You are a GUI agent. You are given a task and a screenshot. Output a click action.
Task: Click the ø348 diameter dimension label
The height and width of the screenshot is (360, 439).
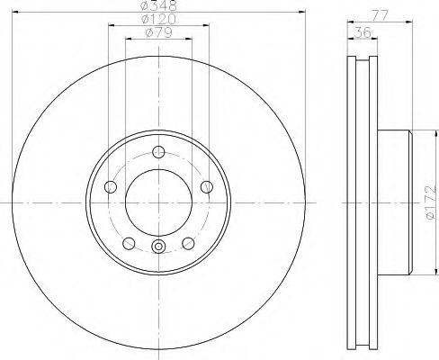point(158,5)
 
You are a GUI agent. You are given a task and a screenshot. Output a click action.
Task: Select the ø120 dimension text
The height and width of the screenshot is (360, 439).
point(158,20)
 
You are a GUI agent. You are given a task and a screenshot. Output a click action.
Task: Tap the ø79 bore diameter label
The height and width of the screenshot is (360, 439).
point(158,35)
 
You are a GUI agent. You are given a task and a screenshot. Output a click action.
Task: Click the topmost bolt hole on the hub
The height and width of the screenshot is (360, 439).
point(158,151)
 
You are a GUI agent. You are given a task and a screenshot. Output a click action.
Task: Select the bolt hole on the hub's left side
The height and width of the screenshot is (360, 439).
point(111,186)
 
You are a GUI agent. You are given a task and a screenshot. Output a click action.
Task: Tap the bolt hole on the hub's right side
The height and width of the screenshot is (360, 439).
point(207,186)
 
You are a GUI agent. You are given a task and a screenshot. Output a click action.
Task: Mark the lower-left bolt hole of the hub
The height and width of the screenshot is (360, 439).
point(129,243)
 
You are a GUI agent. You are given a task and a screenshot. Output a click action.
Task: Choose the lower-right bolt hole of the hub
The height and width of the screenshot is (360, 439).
point(188,243)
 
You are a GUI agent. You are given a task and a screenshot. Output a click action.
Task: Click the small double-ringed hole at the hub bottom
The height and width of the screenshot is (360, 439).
point(158,249)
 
